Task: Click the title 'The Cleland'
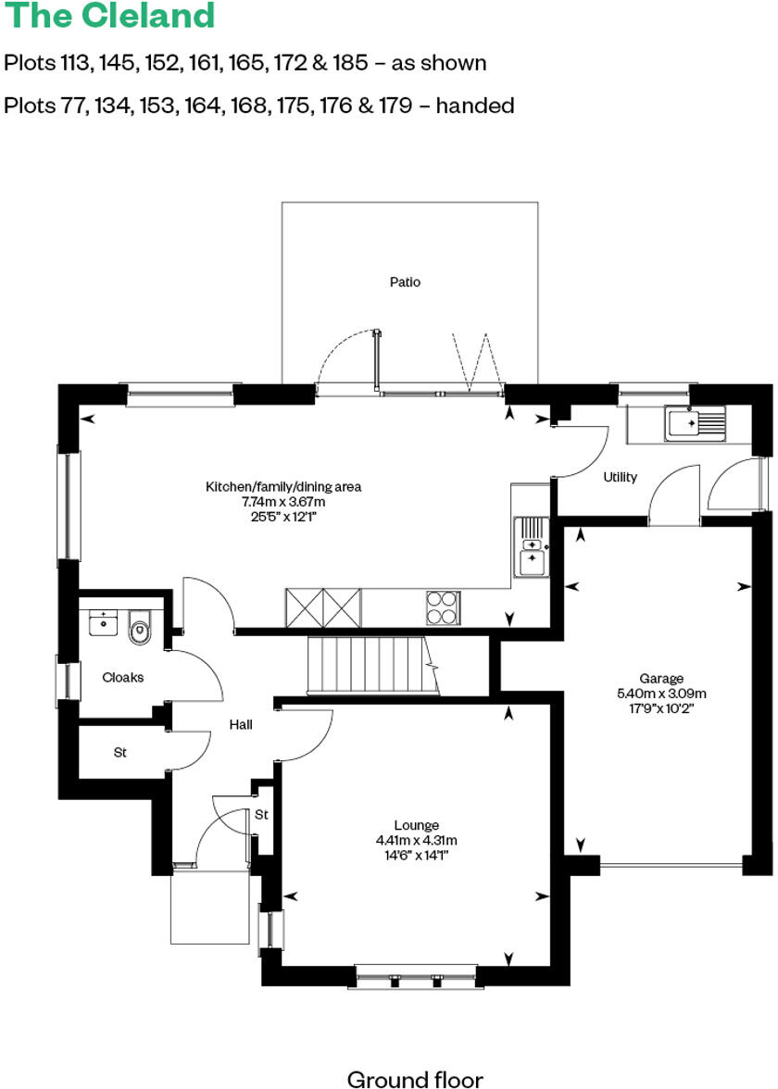tap(109, 16)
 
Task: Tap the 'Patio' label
tap(405, 282)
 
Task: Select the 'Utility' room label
tap(620, 477)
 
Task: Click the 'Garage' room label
tap(661, 678)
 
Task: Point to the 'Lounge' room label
tap(416, 825)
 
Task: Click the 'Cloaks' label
tap(122, 677)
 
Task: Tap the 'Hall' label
tap(241, 725)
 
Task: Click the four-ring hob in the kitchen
tap(442, 607)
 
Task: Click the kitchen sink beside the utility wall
tap(531, 546)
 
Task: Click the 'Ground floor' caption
tap(414, 1078)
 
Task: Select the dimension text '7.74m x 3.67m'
tap(283, 501)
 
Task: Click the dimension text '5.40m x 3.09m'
tap(661, 693)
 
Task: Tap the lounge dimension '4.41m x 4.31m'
tap(416, 840)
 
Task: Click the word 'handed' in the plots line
tap(474, 106)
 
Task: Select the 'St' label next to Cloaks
tap(119, 753)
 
